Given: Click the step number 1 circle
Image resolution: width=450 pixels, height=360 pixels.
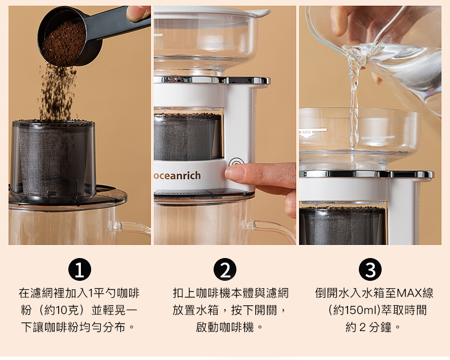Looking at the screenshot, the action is pos(80,269).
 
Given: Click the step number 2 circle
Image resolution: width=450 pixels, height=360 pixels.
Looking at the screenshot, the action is pos(225,269).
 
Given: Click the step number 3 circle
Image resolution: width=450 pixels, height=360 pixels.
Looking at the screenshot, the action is pos(370,269).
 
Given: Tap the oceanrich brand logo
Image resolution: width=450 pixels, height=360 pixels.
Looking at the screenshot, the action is pos(177,175).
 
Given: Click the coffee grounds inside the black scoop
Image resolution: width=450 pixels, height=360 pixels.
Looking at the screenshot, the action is pos(64,43).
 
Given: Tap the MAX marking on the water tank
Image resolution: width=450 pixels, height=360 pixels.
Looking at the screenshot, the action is pos(306,132).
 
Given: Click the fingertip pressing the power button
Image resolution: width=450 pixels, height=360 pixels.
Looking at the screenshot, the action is pos(235,173).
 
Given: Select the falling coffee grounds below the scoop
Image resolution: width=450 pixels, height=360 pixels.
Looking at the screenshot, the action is pos(58,92).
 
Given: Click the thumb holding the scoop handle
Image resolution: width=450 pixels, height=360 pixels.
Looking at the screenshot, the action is pos(138,13).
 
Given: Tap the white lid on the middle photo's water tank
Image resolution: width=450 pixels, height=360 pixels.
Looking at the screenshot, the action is pos(212,11).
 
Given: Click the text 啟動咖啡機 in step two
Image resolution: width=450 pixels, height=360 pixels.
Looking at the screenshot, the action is pos(224,327).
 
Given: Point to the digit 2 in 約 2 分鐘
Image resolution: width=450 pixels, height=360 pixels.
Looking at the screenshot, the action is pos(362,328).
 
